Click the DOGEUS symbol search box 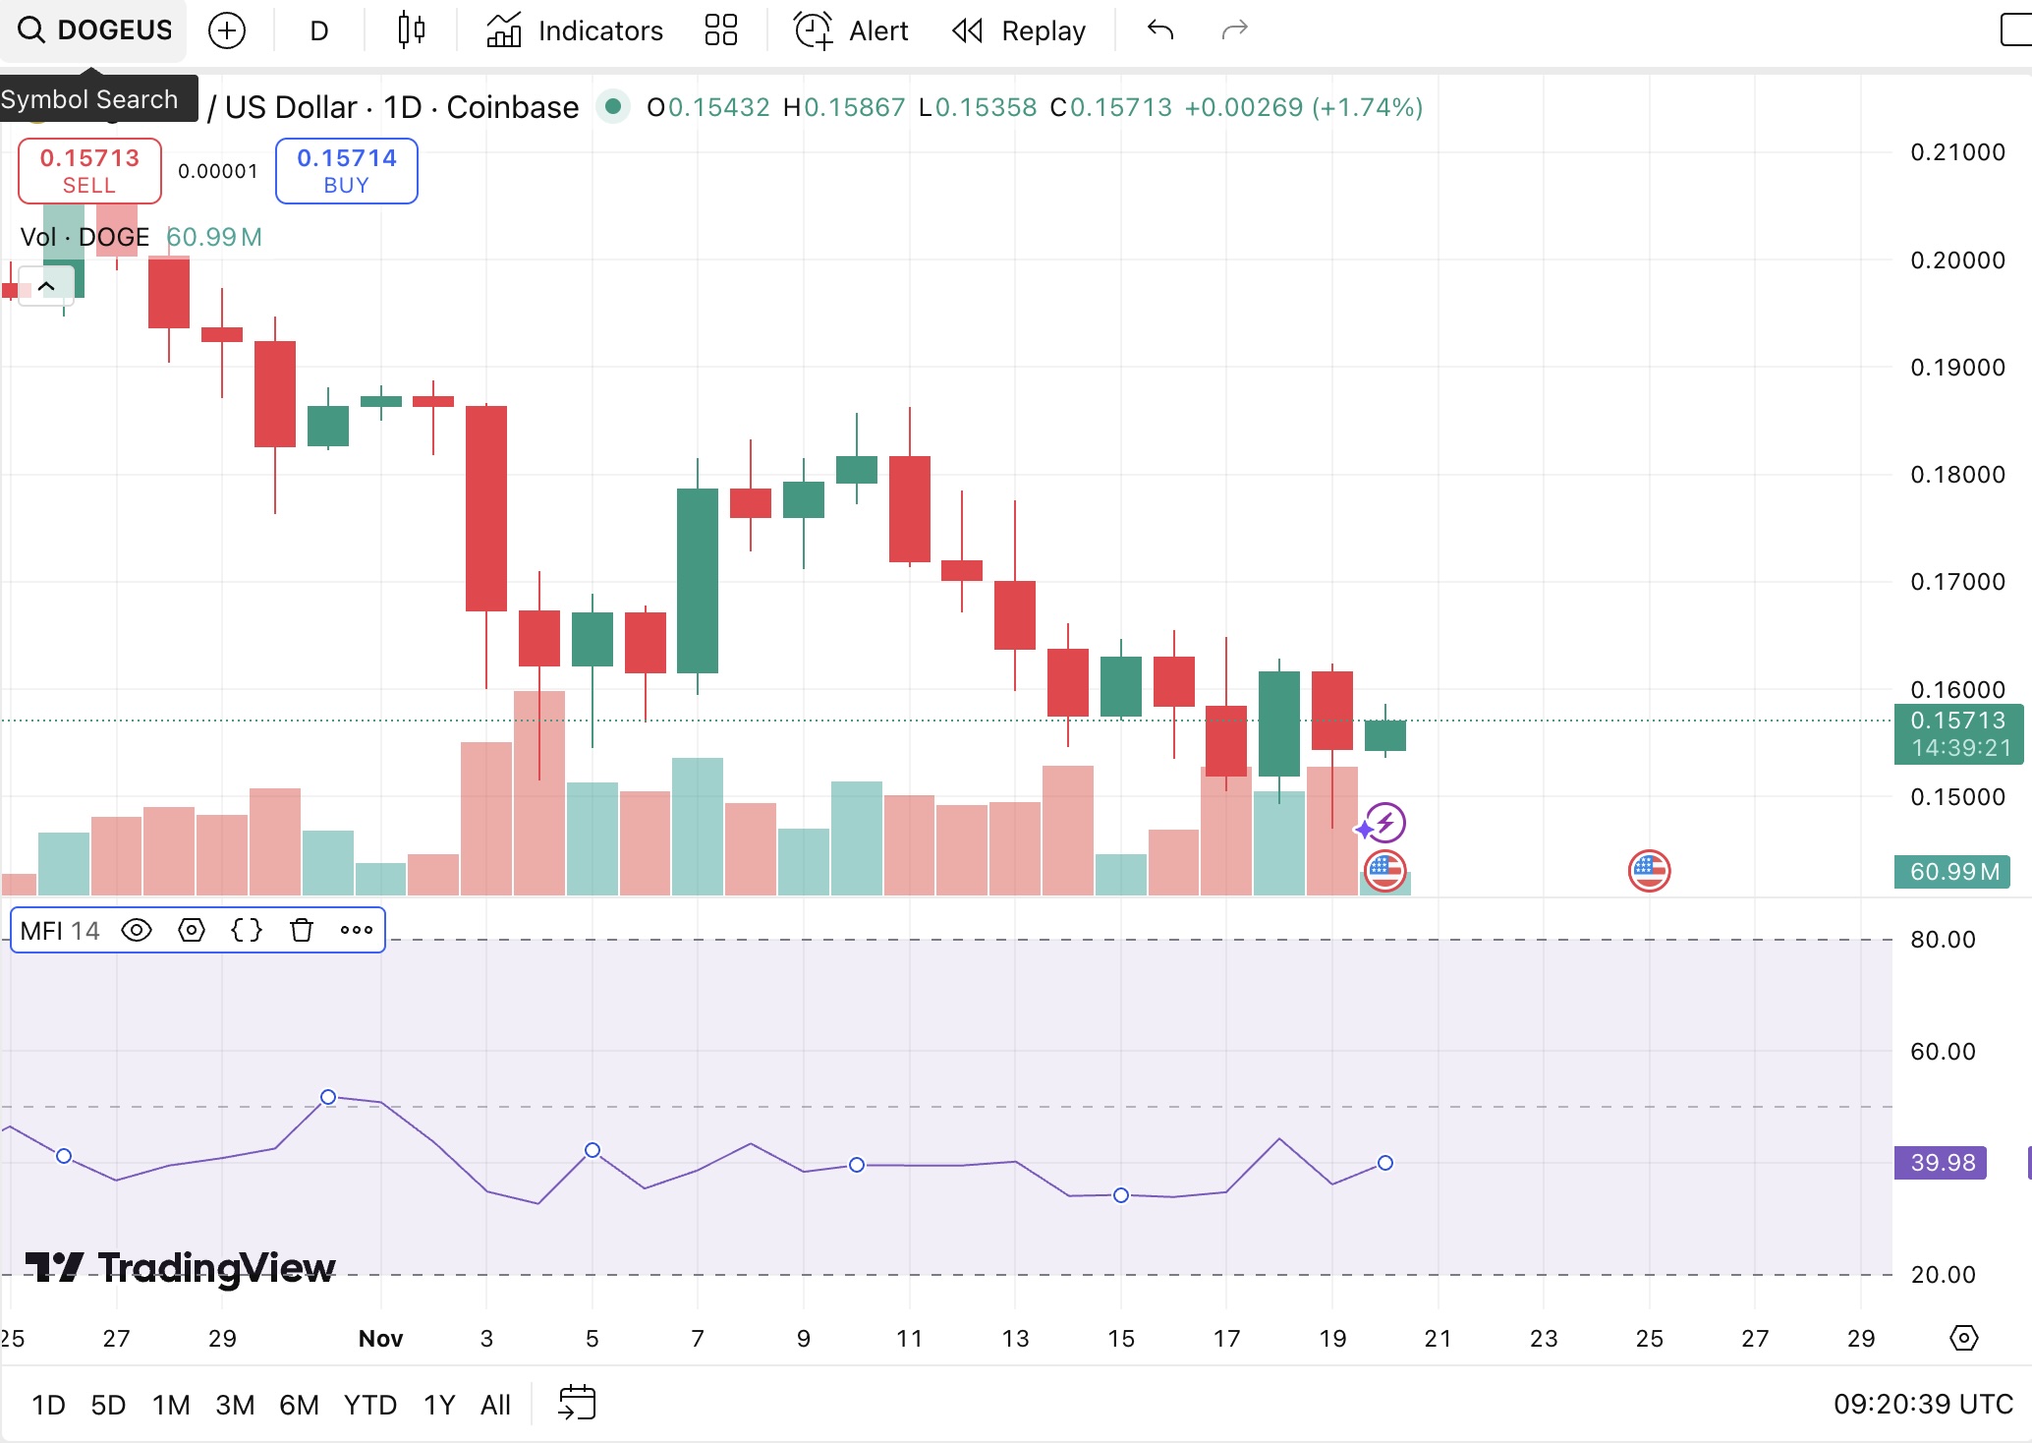(x=94, y=30)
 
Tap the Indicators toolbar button (x=575, y=30)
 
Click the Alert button (x=852, y=30)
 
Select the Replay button (x=1020, y=30)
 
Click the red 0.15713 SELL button (x=89, y=171)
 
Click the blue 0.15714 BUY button (x=346, y=171)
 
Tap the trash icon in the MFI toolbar (x=302, y=930)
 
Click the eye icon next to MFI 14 (x=137, y=930)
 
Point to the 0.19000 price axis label (x=1956, y=368)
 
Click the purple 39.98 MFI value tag (x=1941, y=1163)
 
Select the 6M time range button (x=299, y=1405)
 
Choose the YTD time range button (x=369, y=1405)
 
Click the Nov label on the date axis (x=380, y=1339)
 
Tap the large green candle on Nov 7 (x=698, y=580)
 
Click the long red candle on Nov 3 (x=486, y=508)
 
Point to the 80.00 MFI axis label (x=1943, y=940)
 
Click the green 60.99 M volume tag (x=1952, y=872)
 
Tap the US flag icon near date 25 (x=1649, y=871)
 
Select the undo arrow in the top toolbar (x=1160, y=30)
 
